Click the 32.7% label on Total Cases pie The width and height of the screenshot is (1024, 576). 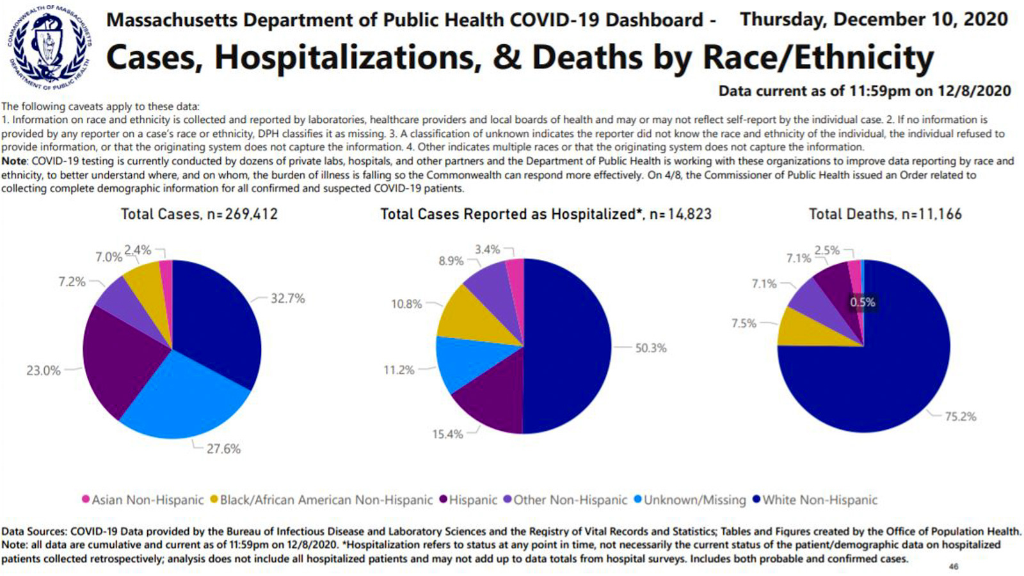point(287,298)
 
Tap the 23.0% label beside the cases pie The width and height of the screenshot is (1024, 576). point(43,371)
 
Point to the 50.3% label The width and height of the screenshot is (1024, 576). point(650,348)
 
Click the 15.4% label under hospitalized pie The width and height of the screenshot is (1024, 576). point(447,435)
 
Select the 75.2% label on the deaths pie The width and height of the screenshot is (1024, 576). point(960,417)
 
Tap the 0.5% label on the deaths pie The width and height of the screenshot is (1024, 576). point(862,302)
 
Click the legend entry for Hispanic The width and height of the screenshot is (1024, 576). point(472,500)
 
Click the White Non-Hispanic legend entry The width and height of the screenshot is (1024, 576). point(819,500)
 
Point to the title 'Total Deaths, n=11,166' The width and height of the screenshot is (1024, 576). point(885,214)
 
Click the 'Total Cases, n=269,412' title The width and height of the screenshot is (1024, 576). point(199,214)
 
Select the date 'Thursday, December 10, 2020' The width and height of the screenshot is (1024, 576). point(874,19)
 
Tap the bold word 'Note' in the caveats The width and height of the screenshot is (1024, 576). point(14,161)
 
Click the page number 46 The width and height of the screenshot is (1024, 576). point(954,566)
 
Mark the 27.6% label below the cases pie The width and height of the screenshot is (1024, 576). point(223,449)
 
